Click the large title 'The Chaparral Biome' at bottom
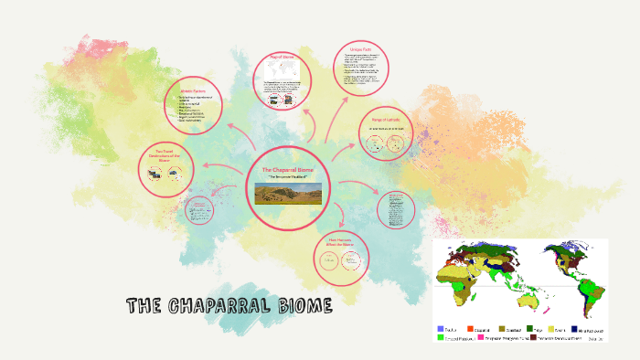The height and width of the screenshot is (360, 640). tap(229, 305)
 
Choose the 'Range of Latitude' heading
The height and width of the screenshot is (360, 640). tap(387, 121)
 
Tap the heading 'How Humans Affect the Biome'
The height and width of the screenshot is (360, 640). tap(339, 242)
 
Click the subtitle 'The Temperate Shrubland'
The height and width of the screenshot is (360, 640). tap(288, 177)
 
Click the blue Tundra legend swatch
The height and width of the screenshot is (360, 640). tap(441, 328)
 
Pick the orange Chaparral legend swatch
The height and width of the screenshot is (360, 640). tap(471, 328)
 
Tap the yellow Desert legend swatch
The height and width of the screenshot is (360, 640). tap(551, 328)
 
